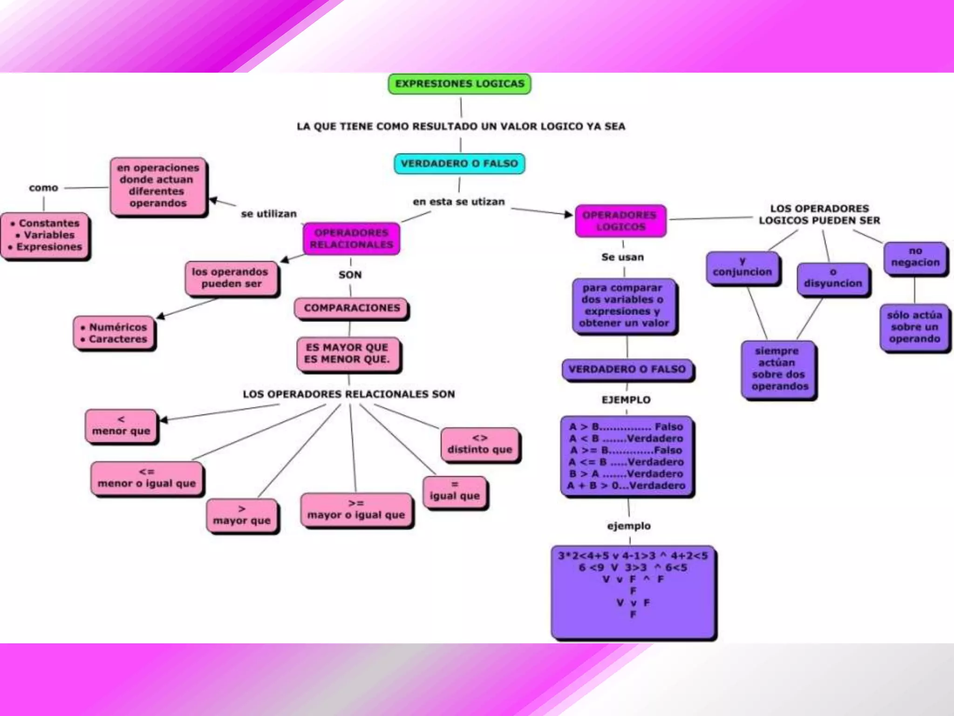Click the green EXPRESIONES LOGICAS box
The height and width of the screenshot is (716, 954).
[459, 84]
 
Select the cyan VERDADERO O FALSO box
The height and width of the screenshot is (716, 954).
[459, 164]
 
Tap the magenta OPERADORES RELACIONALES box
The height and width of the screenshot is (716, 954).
[351, 239]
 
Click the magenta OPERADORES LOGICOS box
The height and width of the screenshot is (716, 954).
[620, 221]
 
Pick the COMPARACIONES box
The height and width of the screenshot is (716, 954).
[352, 308]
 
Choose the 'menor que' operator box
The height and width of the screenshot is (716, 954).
[121, 426]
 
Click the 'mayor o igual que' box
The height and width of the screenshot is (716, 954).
[356, 509]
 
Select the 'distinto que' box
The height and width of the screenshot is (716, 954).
[480, 444]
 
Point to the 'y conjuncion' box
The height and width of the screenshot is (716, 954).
[743, 267]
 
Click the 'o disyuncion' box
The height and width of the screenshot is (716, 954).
[833, 278]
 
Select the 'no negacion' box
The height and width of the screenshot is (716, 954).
[915, 257]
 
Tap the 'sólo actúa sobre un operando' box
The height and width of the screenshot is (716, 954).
[914, 327]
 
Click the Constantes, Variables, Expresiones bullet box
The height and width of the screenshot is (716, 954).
[46, 235]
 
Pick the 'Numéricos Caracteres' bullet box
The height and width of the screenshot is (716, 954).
[114, 333]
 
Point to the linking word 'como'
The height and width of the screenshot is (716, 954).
[43, 188]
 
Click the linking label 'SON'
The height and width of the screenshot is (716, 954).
[350, 275]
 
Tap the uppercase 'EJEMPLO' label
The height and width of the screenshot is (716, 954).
[626, 400]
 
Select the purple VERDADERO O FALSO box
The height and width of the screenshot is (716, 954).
[627, 370]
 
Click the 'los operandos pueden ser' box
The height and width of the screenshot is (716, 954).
[231, 278]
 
